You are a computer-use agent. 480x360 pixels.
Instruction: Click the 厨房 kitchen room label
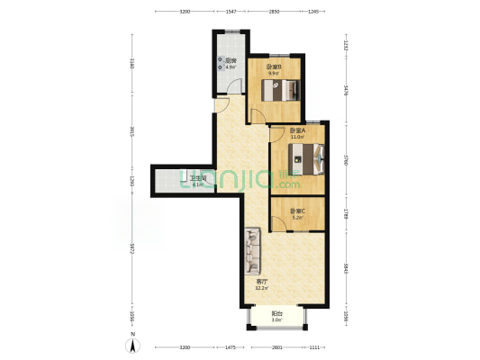(x=231, y=60)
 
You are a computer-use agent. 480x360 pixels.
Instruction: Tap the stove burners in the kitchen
(x=220, y=64)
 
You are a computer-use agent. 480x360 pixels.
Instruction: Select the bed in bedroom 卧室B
(x=282, y=90)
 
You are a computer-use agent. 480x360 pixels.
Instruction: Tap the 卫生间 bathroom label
(x=198, y=178)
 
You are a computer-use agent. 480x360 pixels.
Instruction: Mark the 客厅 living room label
(x=260, y=282)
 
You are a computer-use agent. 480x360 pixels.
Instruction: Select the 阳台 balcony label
(x=277, y=312)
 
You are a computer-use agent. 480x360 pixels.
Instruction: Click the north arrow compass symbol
(x=133, y=343)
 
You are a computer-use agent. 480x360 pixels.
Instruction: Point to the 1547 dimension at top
(x=231, y=11)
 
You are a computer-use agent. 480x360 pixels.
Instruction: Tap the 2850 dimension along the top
(x=275, y=11)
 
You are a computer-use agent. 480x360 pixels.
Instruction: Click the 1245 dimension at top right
(x=313, y=11)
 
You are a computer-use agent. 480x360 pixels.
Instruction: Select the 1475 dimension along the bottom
(x=231, y=346)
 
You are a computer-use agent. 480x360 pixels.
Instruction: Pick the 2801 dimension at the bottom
(x=276, y=346)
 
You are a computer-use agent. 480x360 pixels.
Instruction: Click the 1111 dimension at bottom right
(x=314, y=346)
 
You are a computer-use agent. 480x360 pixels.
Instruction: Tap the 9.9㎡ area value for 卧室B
(x=274, y=73)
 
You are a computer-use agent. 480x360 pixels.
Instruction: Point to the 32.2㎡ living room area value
(x=260, y=288)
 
